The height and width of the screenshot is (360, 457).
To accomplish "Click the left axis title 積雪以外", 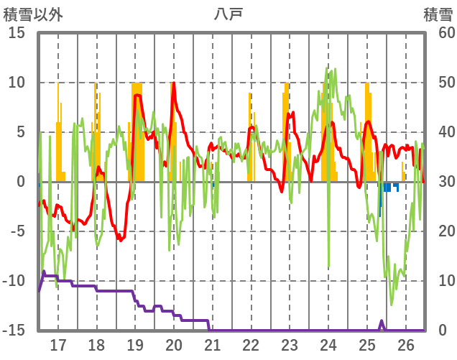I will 33,14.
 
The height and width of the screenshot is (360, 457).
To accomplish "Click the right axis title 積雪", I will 438,14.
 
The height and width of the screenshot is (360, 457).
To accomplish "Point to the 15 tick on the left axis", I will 17,33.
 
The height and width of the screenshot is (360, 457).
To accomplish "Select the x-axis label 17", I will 57,344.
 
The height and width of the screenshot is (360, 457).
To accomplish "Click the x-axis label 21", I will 212,344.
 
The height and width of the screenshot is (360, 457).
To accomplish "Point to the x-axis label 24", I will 328,344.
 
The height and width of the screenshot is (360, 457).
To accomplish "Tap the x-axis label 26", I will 406,344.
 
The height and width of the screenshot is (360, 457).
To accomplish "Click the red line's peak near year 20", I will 173,83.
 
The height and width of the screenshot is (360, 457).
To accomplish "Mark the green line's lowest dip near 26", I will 392,304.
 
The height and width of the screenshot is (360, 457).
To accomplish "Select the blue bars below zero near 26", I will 388,188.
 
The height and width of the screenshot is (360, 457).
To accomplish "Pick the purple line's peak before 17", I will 44,272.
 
